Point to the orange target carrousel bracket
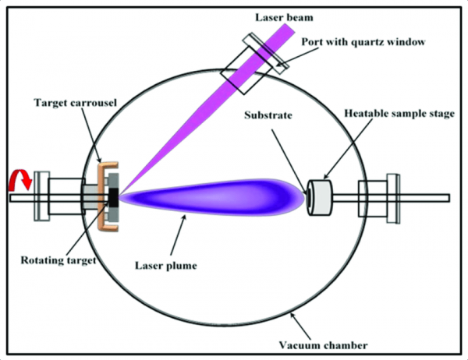[x=101, y=195]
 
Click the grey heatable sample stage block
[x=321, y=198]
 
